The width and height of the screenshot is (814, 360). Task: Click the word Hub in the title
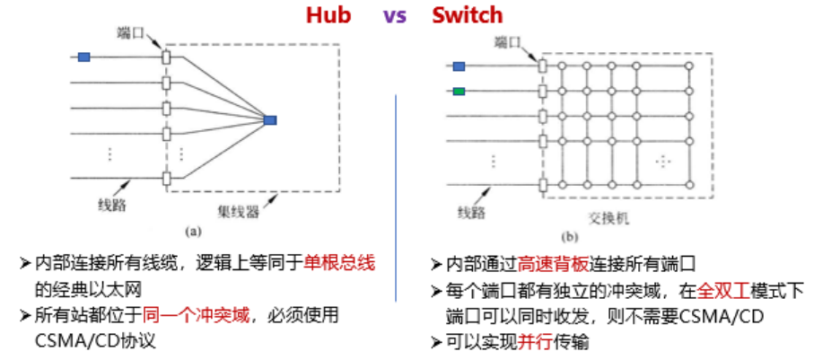pyautogui.click(x=328, y=15)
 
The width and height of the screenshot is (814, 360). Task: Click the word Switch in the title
pyautogui.click(x=467, y=15)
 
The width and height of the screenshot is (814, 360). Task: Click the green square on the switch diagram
pyautogui.click(x=459, y=91)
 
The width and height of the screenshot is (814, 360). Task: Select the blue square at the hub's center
pyautogui.click(x=270, y=119)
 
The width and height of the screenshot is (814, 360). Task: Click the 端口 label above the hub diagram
pyautogui.click(x=132, y=32)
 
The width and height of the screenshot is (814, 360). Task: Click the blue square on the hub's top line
pyautogui.click(x=84, y=57)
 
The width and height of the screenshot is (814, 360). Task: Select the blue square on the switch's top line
pyautogui.click(x=459, y=66)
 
